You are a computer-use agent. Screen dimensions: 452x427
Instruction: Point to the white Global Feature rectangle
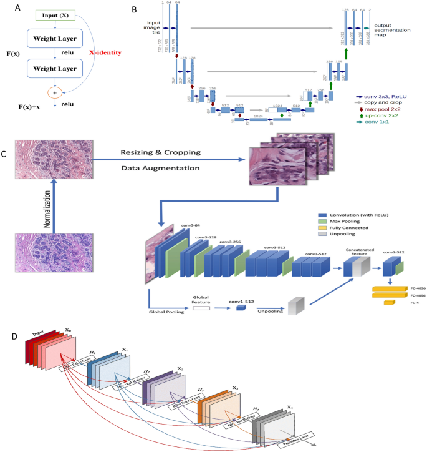[x=201, y=308]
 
